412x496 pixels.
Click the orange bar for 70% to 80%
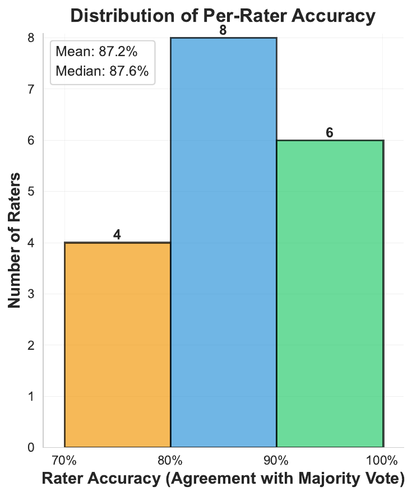point(117,345)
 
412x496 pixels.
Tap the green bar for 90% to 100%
point(330,294)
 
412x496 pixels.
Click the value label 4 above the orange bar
point(117,235)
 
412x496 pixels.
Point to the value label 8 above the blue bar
point(223,30)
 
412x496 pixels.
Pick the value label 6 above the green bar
point(330,133)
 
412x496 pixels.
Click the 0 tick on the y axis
point(31,447)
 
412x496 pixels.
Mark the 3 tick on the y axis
point(31,294)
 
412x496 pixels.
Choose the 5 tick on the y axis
point(31,192)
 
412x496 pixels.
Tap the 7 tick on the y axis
point(31,89)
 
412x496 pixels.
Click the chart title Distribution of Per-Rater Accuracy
point(222,16)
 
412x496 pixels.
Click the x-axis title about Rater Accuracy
point(223,480)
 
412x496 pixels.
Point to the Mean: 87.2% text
point(97,52)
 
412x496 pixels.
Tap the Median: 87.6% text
point(102,72)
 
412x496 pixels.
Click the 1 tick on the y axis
point(31,396)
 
